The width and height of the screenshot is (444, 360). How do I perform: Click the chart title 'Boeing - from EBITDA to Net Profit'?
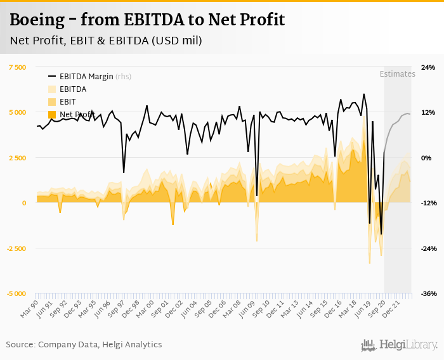(147, 20)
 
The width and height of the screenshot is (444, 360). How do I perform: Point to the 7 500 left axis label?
(16, 67)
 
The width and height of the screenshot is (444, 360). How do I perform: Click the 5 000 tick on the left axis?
(16, 112)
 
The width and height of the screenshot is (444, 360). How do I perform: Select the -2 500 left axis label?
(15, 248)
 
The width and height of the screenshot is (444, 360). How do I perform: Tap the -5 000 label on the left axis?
(15, 293)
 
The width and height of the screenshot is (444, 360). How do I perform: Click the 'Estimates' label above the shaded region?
(397, 74)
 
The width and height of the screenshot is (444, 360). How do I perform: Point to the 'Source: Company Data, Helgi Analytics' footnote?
(84, 345)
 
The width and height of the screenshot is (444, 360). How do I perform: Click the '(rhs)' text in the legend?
(124, 76)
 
